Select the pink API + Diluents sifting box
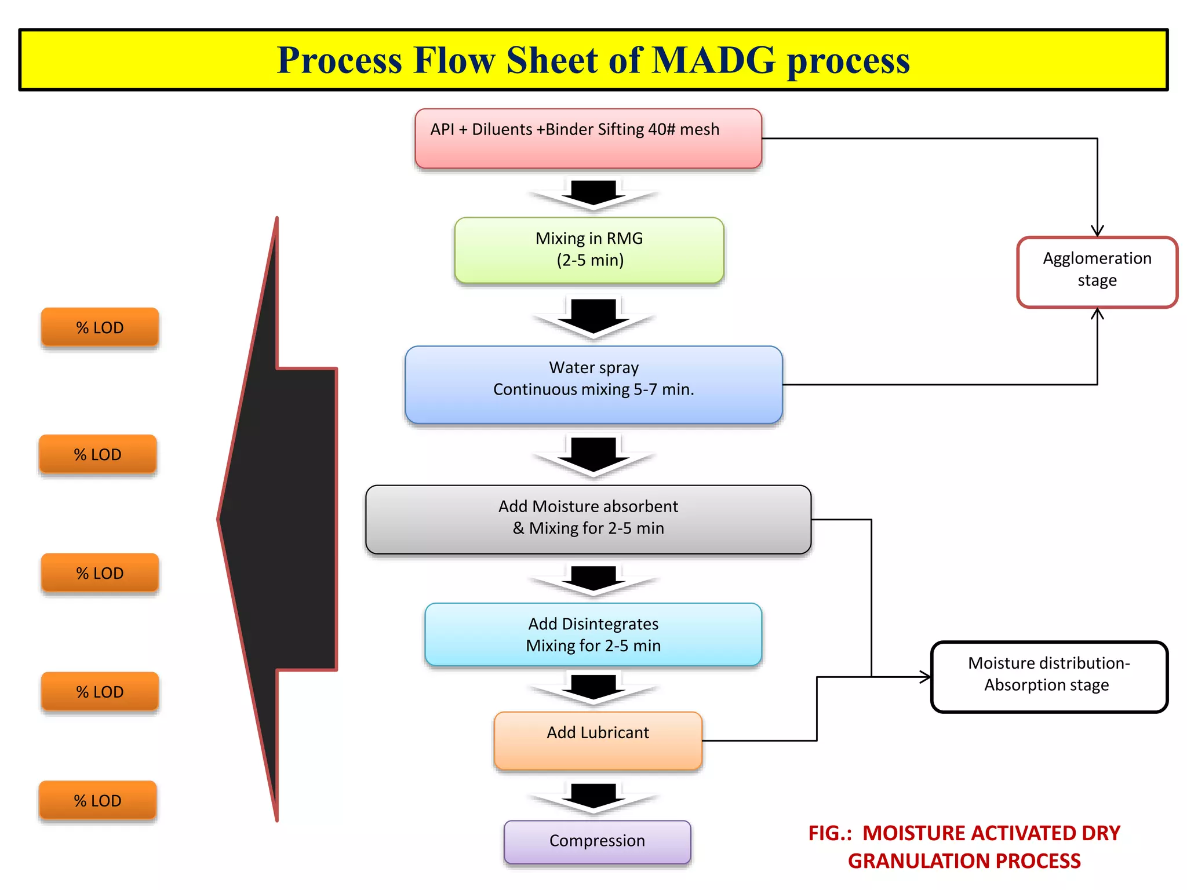click(588, 139)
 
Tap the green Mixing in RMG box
click(589, 250)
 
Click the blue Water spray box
click(593, 384)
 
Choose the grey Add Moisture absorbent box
click(588, 519)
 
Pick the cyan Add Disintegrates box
click(593, 634)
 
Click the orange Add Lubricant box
click(598, 741)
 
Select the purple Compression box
click(597, 841)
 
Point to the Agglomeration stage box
click(1097, 271)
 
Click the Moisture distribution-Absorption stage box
click(1048, 676)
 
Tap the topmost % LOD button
click(100, 327)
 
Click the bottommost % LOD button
click(97, 800)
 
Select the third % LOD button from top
click(100, 573)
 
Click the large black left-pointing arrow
click(278, 519)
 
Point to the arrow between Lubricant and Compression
click(593, 796)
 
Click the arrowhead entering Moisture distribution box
click(926, 677)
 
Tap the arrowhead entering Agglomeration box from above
click(1097, 231)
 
